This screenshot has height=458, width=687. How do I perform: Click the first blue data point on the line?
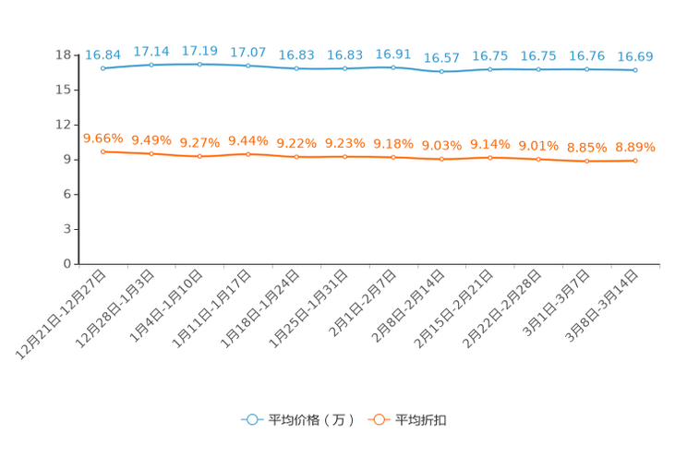coord(102,68)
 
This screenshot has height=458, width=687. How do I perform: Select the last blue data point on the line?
coord(635,70)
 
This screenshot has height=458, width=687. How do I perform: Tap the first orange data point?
coord(102,151)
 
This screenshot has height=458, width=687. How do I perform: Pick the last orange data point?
coord(635,162)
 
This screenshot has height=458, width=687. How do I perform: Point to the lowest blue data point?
coord(442,72)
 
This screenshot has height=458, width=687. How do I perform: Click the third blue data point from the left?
coord(199,64)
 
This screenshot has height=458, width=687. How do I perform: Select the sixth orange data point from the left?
coord(345,157)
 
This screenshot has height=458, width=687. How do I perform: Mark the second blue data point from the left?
coord(151,65)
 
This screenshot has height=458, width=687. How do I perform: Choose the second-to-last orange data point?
coord(586,162)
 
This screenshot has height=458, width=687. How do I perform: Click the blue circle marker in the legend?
coord(250,420)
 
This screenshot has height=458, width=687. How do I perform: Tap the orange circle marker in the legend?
coord(379,420)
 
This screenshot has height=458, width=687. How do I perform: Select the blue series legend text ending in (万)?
coord(311,420)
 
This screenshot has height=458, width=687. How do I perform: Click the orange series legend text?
coord(423,420)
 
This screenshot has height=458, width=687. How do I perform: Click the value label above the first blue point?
coord(102,54)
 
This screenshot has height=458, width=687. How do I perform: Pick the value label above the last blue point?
coord(635,57)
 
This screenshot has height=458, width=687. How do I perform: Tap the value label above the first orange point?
coord(102,139)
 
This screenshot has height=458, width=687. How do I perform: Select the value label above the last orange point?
coord(635,148)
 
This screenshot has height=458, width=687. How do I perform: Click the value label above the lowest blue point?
coord(441,58)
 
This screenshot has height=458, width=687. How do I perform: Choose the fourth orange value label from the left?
coord(247,141)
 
